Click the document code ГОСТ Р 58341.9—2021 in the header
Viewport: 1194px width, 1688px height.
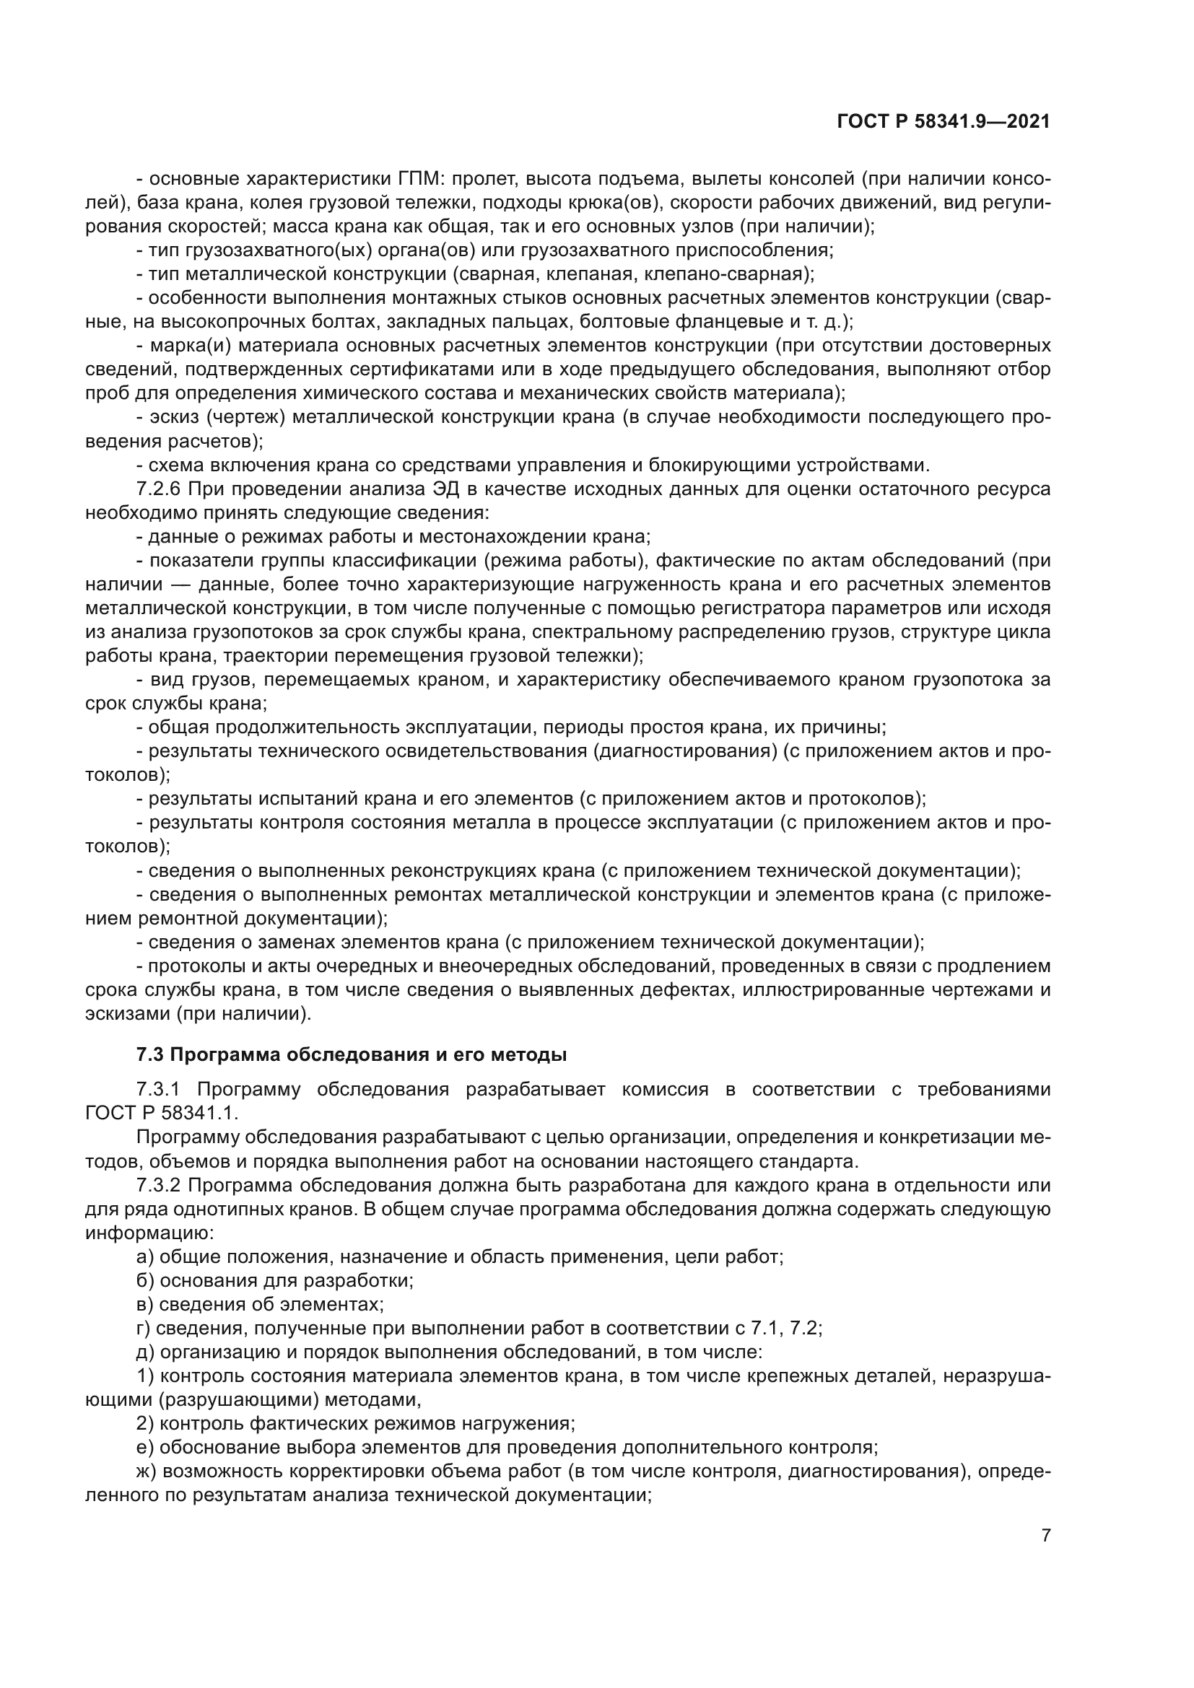pyautogui.click(x=944, y=121)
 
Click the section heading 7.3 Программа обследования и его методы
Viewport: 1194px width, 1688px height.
pyautogui.click(x=352, y=1055)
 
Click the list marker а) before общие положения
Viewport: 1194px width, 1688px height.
pyautogui.click(x=146, y=1257)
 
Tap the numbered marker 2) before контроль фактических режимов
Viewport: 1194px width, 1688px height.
pyautogui.click(x=146, y=1424)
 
